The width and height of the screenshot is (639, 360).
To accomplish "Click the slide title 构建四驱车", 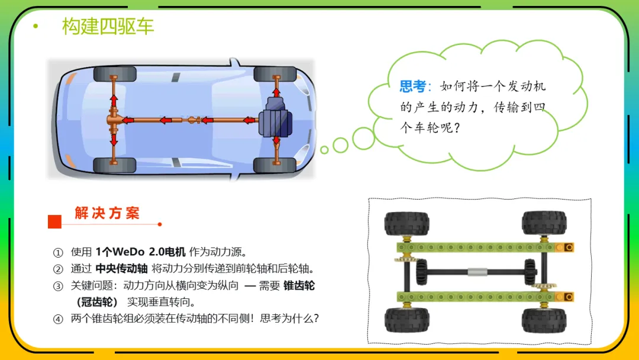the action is point(108,26).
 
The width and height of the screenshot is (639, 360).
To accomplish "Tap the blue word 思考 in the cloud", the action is point(412,86).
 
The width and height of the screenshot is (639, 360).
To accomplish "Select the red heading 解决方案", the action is point(107,213).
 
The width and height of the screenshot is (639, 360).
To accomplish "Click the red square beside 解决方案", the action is point(54,222).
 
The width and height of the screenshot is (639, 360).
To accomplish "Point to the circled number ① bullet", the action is point(58,253).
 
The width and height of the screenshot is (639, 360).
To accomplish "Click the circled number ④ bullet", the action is point(58,319).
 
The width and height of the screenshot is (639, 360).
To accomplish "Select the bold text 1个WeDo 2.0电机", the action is point(140,252).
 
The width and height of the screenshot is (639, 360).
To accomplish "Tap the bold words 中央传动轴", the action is point(121,269).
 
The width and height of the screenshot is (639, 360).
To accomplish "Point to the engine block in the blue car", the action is point(276,118).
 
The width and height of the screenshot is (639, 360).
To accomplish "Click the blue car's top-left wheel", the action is point(115,75).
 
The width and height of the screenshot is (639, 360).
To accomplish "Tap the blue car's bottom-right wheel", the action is point(275,165).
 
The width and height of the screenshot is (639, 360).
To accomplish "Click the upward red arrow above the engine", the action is point(276,92).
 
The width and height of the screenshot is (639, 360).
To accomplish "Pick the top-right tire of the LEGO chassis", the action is point(544,223).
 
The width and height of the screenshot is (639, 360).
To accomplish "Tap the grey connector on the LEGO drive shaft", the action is point(477,272).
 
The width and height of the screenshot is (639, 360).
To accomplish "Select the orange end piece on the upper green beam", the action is point(564,247).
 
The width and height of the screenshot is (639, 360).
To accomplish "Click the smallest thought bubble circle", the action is point(324,150).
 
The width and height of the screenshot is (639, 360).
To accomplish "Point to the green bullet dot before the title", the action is point(36,26).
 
